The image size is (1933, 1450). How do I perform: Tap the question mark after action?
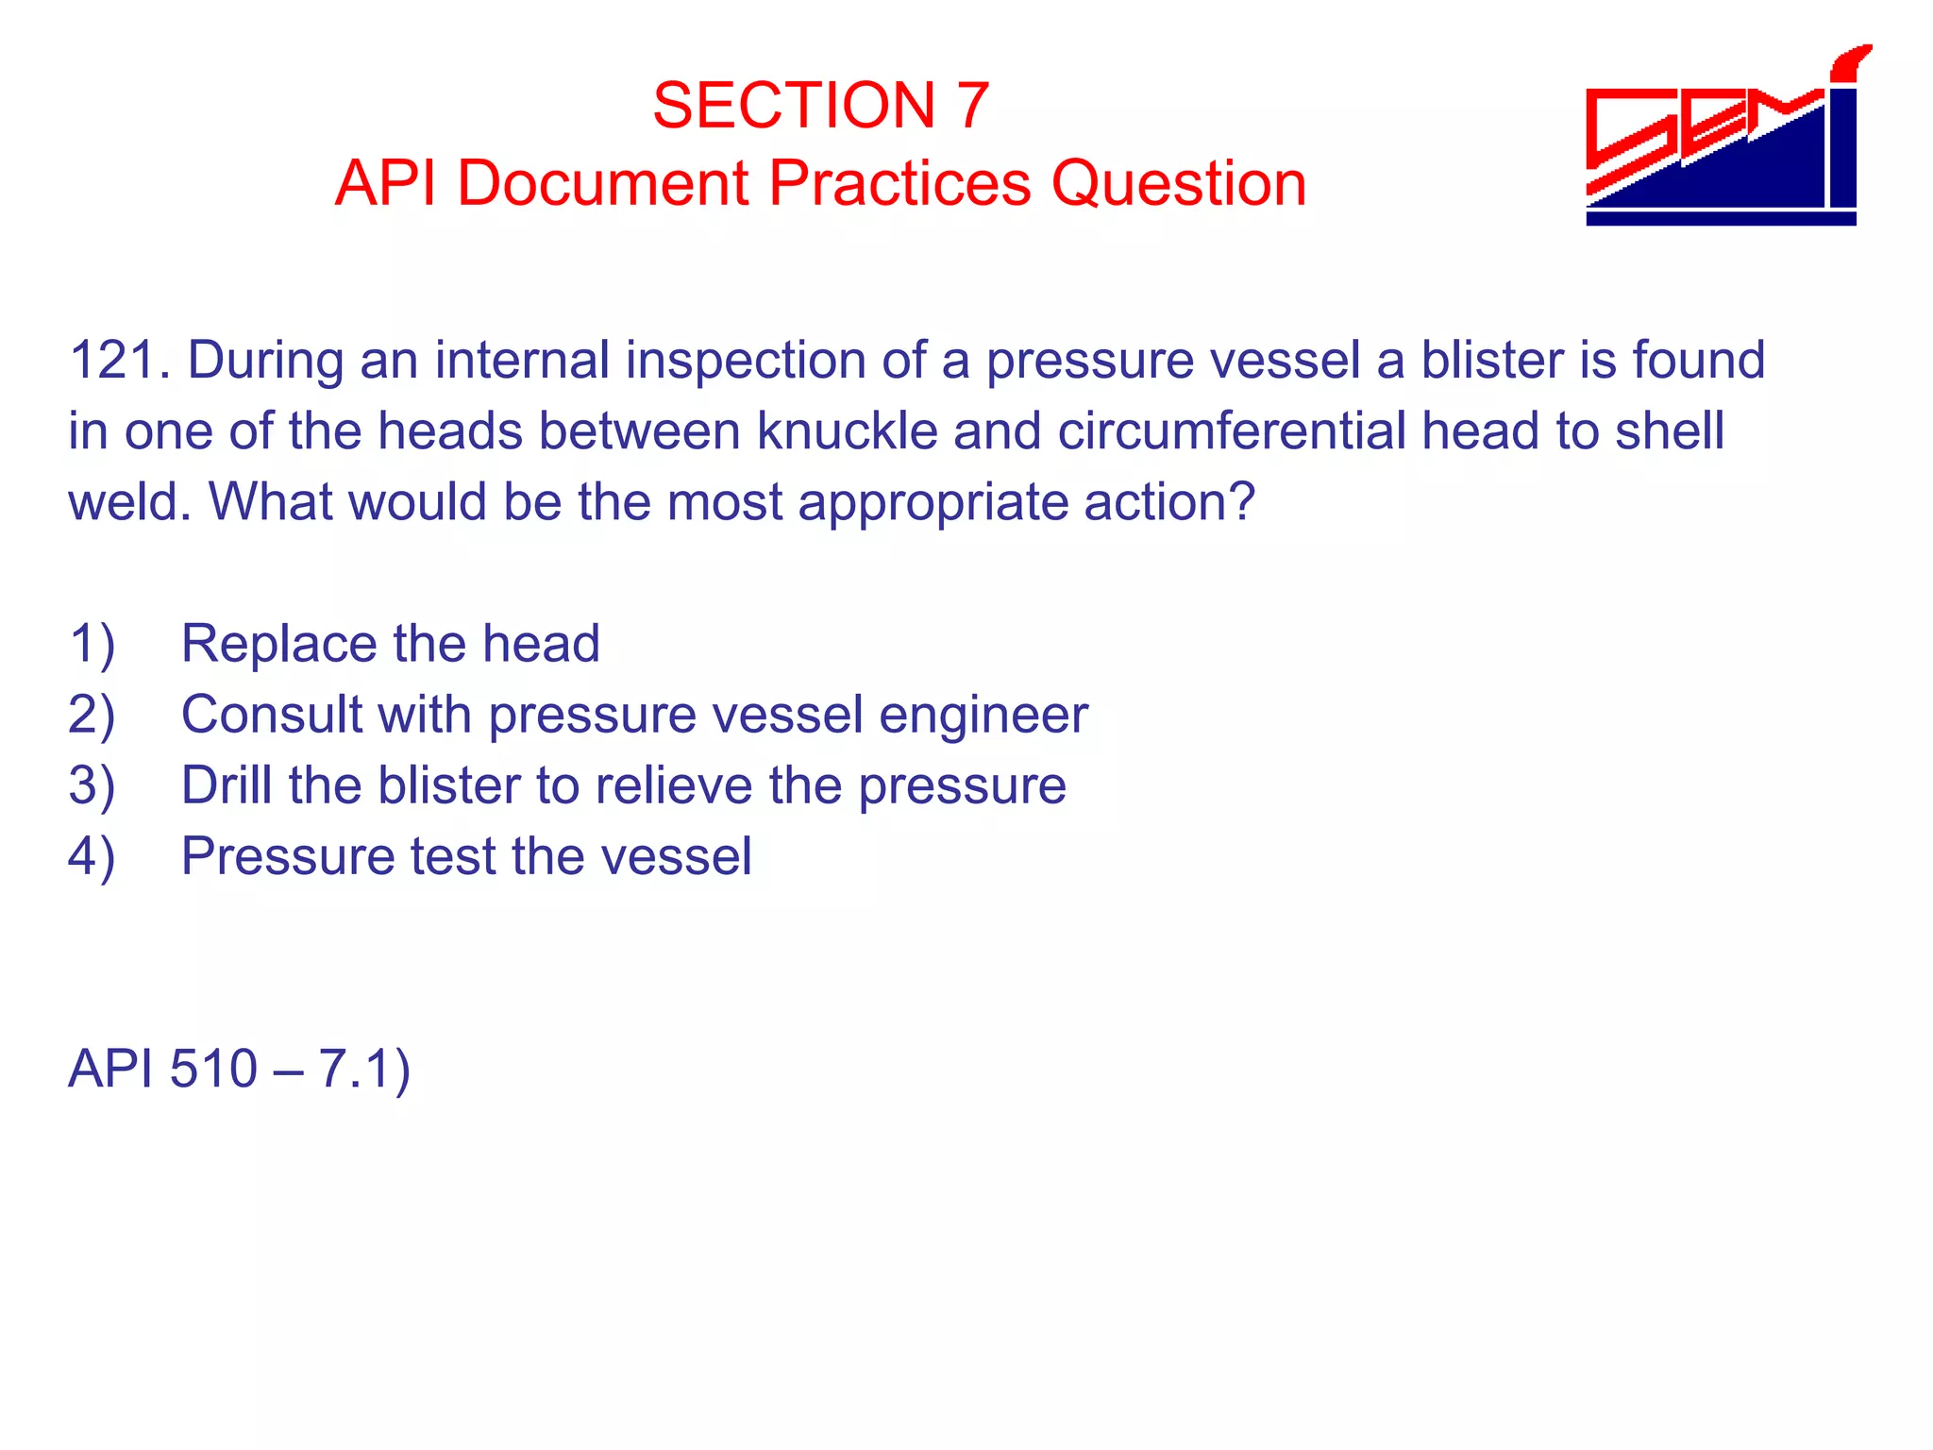(1244, 501)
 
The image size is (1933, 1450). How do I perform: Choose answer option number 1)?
(92, 645)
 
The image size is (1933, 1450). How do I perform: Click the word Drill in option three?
(227, 785)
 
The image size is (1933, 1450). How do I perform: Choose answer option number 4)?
(92, 857)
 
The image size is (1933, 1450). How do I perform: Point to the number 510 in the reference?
(213, 1070)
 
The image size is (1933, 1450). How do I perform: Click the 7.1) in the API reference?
(363, 1070)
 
